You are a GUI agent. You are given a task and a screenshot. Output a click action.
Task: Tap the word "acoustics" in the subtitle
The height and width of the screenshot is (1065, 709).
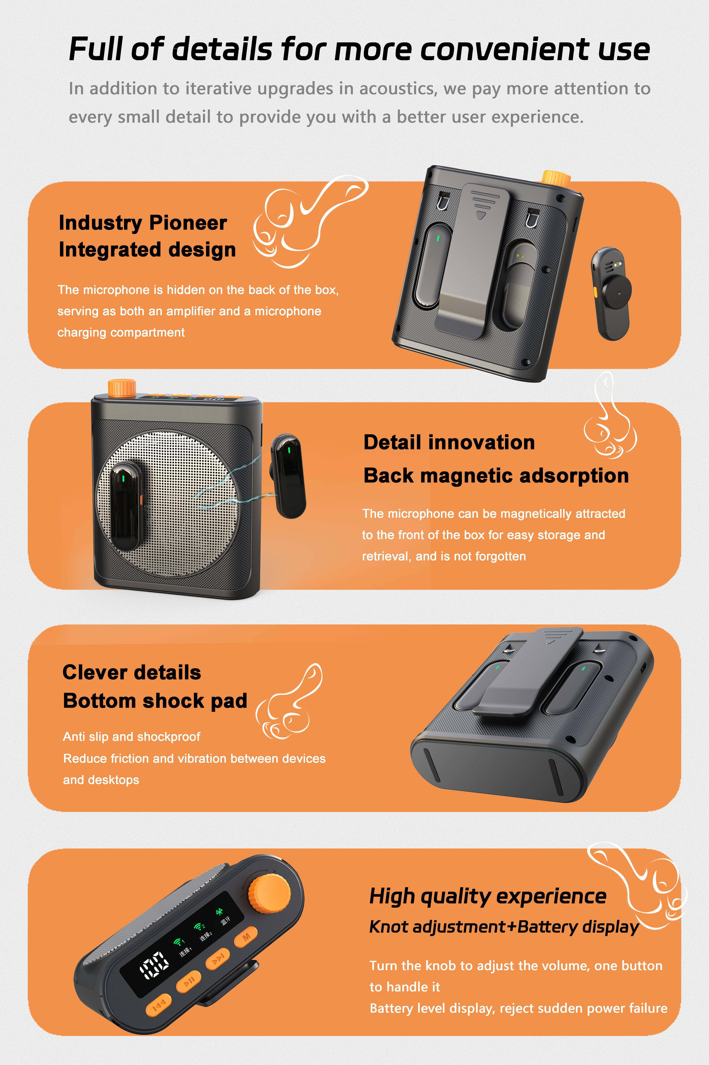(398, 89)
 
